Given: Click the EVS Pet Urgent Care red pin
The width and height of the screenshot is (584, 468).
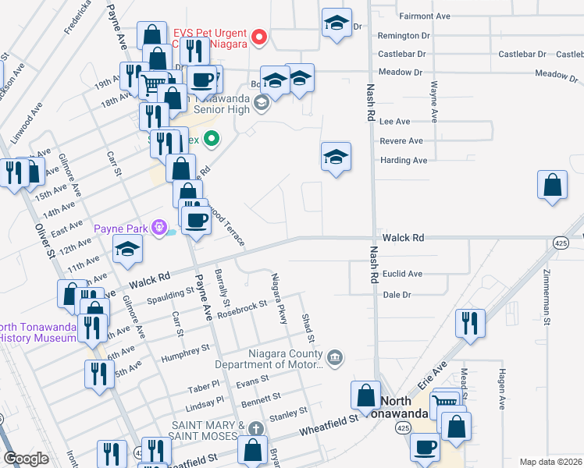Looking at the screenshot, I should pyautogui.click(x=259, y=37).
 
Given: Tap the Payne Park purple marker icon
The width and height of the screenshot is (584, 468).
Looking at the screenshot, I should pyautogui.click(x=160, y=228).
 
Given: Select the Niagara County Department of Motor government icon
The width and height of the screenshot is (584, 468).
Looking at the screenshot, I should pyautogui.click(x=335, y=358).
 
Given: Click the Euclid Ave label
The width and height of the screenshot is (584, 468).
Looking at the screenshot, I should pyautogui.click(x=403, y=274).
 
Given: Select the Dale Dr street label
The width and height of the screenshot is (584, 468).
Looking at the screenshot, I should pyautogui.click(x=397, y=294).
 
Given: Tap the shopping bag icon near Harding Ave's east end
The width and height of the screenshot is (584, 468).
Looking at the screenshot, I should pyautogui.click(x=552, y=186).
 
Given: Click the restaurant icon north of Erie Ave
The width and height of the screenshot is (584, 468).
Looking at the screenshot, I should pyautogui.click(x=469, y=323).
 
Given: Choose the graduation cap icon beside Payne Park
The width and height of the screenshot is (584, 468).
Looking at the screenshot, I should pyautogui.click(x=127, y=249).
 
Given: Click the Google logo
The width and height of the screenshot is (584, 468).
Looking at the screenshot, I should pyautogui.click(x=26, y=459).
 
